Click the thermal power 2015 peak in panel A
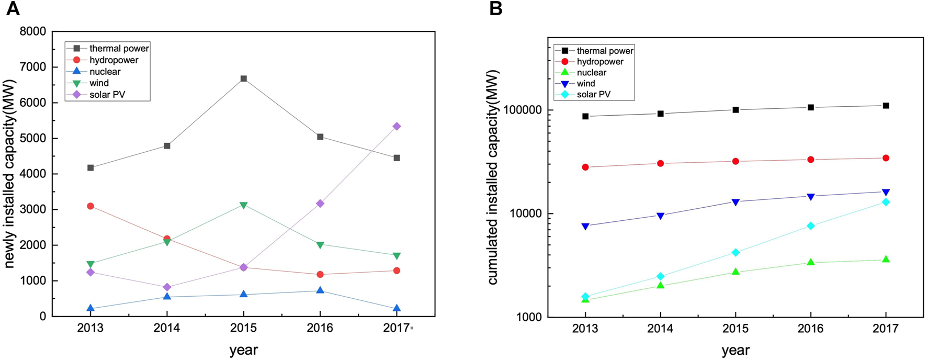pos(243,78)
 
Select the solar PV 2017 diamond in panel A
pos(397,126)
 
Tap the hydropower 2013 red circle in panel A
pos(91,206)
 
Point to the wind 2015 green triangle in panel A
pos(243,205)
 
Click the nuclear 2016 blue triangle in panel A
pos(320,290)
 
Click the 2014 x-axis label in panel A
pos(167,328)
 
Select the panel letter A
pos(13,8)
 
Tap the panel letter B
pos(495,8)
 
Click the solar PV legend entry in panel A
pos(107,95)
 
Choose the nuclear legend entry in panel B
pos(591,73)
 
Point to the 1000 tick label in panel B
pos(529,318)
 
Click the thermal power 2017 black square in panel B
pos(886,106)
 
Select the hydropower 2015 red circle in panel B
pos(736,161)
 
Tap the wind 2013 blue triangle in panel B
pos(585,226)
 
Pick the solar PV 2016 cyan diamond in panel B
pos(810,226)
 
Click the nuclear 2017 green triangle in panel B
pos(886,260)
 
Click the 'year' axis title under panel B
pos(735,350)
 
